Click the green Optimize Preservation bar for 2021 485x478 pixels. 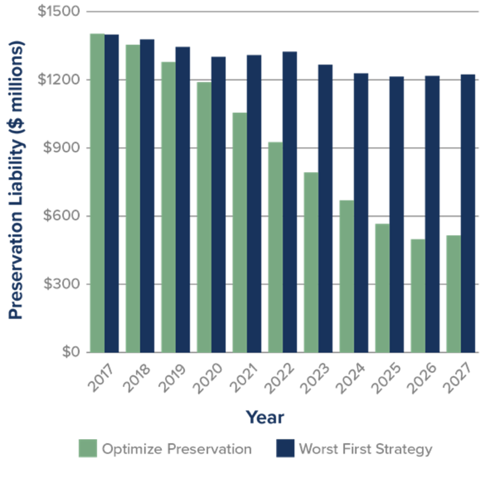click(x=239, y=232)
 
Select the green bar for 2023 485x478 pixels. click(x=311, y=262)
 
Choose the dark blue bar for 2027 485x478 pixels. click(x=468, y=213)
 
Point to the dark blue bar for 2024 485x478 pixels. click(x=361, y=212)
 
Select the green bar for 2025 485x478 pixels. click(x=382, y=288)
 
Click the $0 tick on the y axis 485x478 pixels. click(x=71, y=353)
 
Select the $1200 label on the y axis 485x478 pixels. click(x=59, y=79)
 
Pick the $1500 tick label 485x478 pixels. click(x=59, y=11)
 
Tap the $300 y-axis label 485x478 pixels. click(x=61, y=284)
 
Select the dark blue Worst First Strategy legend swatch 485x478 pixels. click(x=285, y=448)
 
